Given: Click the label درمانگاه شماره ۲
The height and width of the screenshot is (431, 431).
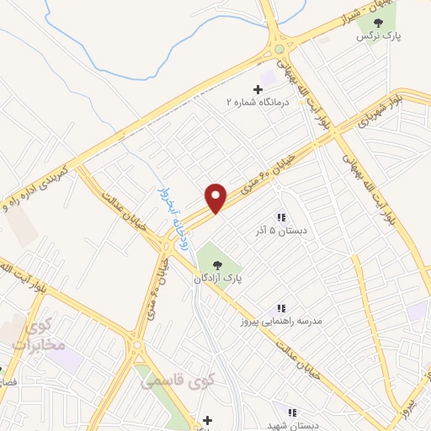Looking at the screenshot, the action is click(257, 101).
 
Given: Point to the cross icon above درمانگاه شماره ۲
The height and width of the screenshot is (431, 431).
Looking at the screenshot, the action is click(258, 88).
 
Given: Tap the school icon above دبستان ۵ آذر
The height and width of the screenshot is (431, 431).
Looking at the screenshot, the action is click(280, 216).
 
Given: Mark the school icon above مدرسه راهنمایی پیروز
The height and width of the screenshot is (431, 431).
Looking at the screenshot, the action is click(282, 309).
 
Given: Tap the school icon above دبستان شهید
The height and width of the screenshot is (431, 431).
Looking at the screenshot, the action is click(291, 412).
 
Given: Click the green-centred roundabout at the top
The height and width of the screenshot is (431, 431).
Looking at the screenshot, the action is click(279, 50).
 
